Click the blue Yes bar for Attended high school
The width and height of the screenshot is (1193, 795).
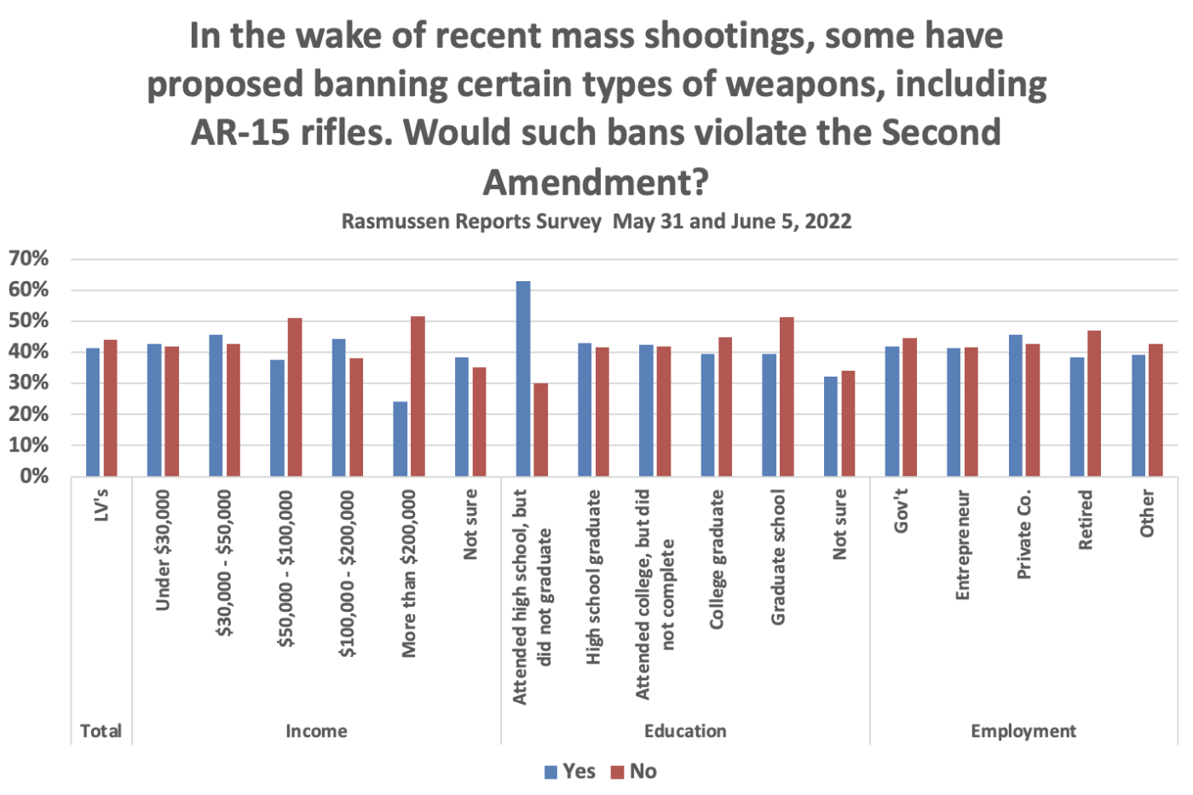[x=523, y=379]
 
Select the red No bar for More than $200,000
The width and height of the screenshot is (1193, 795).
[x=418, y=396]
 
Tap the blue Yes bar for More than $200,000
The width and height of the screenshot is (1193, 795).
[x=400, y=439]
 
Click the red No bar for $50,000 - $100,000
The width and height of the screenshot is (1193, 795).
[x=295, y=397]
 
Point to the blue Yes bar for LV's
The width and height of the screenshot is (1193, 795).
[x=93, y=412]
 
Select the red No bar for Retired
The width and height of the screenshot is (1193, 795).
[x=1094, y=403]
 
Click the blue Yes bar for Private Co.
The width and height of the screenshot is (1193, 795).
[x=1015, y=406]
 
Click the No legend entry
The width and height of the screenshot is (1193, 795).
[x=635, y=772]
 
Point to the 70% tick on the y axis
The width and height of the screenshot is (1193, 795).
[x=29, y=258]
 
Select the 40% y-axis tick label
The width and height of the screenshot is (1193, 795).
[x=29, y=352]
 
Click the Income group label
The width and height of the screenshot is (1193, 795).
[x=316, y=731]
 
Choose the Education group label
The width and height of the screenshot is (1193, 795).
[x=685, y=731]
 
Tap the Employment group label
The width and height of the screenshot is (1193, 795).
[x=1023, y=731]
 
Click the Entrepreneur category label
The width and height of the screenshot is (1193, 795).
[x=963, y=545]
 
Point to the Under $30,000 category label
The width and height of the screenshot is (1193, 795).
[x=164, y=550]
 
